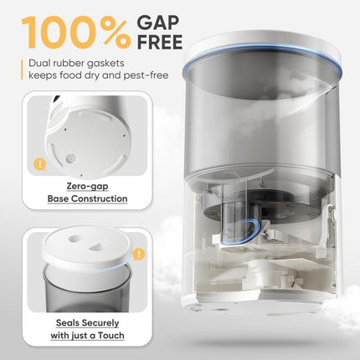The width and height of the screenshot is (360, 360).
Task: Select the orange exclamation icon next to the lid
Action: coord(138,253)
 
